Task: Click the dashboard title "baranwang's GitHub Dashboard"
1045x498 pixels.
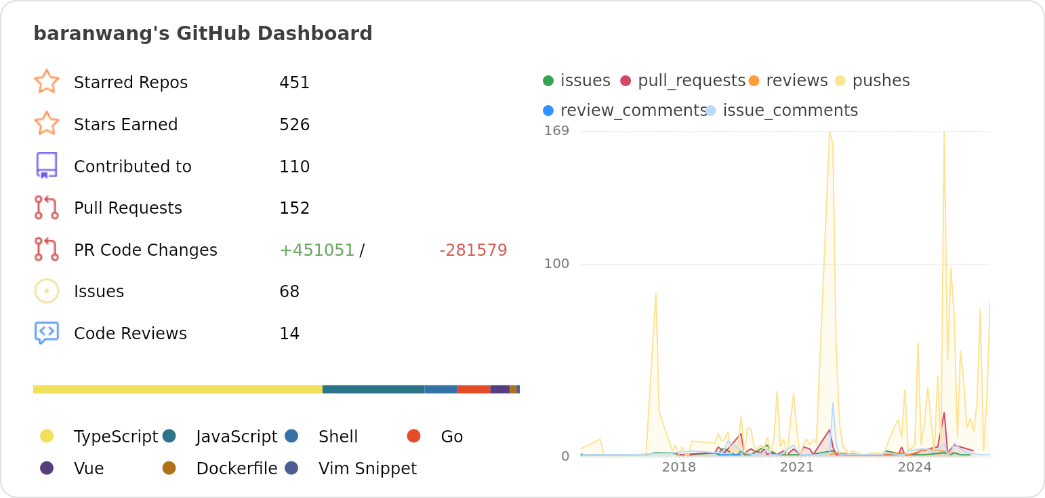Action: coord(203,33)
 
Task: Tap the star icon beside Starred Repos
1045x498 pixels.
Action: coord(47,81)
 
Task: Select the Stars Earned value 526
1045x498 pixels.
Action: coord(294,125)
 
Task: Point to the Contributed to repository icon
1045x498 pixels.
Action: coord(47,166)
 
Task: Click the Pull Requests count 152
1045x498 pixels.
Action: coord(294,208)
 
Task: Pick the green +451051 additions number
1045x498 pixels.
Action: coord(316,250)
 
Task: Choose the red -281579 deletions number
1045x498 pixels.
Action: coord(473,250)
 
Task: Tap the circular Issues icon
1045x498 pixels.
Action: coord(47,291)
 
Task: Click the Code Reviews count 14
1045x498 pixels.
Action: coord(289,334)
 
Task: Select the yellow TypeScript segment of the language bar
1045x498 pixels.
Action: coord(178,389)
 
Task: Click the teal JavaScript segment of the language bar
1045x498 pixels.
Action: coord(373,389)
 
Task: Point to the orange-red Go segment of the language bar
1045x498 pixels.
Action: coord(474,389)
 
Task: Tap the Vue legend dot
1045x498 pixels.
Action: coord(47,467)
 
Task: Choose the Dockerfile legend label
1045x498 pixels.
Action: coord(237,468)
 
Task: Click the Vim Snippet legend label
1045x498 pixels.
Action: coord(367,468)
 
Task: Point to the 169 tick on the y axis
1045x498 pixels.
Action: coord(556,130)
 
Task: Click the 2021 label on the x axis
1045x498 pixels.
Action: coord(796,467)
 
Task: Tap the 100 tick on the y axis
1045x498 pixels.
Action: coord(556,264)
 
